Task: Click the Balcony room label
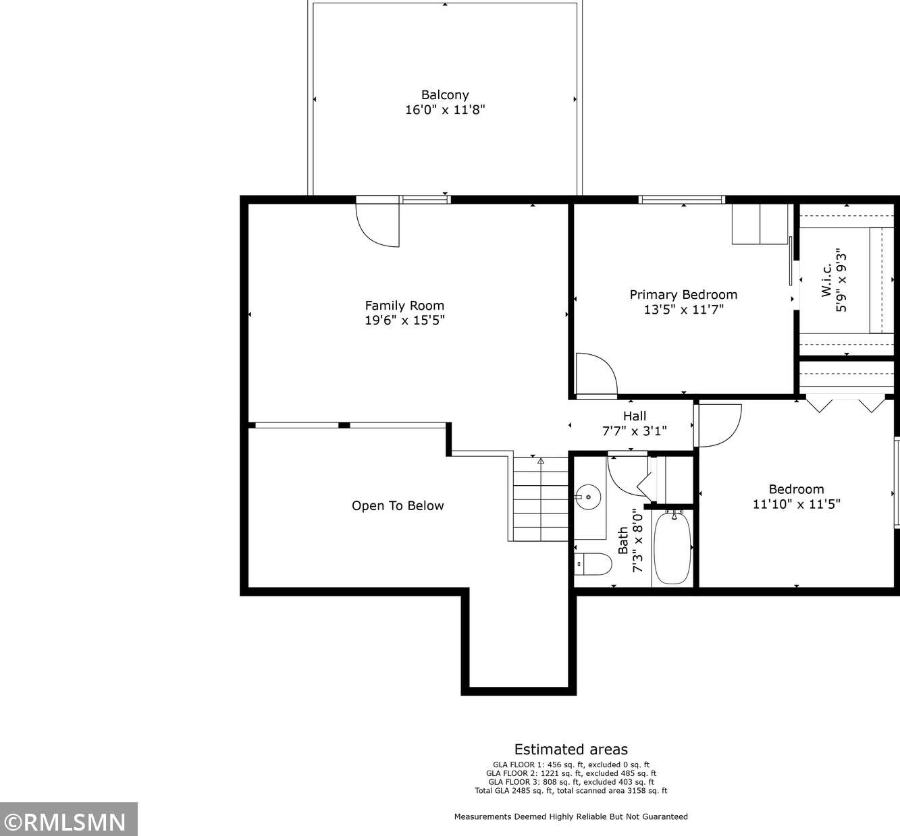pos(444,95)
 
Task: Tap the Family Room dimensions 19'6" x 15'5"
pos(404,321)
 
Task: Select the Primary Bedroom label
pos(683,295)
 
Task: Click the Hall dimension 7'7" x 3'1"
pos(634,430)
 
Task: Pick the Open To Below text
pos(398,506)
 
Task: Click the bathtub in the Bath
pos(672,548)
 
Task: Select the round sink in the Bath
pos(589,497)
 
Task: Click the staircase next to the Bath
pos(540,499)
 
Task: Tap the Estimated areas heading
pos(571,750)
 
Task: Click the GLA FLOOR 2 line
pos(571,773)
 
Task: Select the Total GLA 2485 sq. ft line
pos(571,791)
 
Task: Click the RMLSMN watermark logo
pos(68,821)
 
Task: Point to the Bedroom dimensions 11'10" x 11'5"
pos(796,504)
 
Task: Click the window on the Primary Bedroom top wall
pos(681,200)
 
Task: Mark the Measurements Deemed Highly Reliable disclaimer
pos(571,816)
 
